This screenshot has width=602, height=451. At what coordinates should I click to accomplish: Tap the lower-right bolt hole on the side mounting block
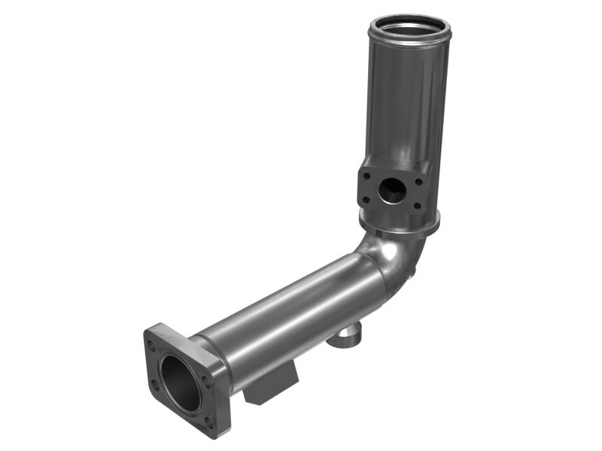pyautogui.click(x=417, y=206)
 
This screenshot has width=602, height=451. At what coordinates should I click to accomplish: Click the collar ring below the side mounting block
pyautogui.click(x=399, y=225)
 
